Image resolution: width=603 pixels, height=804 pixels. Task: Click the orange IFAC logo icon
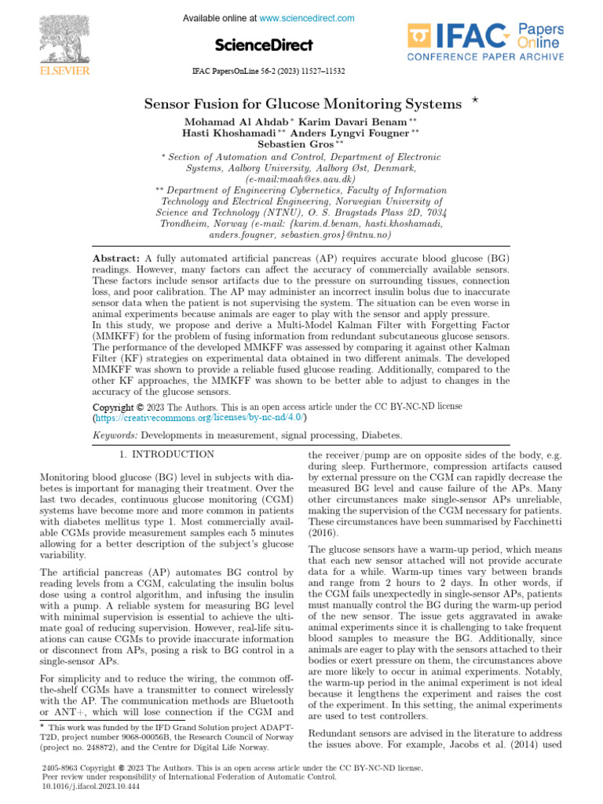tap(419, 36)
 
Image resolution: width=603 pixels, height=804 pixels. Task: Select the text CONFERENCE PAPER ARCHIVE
tap(484, 57)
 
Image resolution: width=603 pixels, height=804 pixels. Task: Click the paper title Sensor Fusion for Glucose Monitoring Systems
tap(303, 104)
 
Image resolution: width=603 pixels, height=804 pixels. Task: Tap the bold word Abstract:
tap(116, 259)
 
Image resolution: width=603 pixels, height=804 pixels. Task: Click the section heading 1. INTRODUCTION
tap(166, 455)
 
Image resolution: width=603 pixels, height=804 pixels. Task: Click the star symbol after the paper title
tap(474, 100)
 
